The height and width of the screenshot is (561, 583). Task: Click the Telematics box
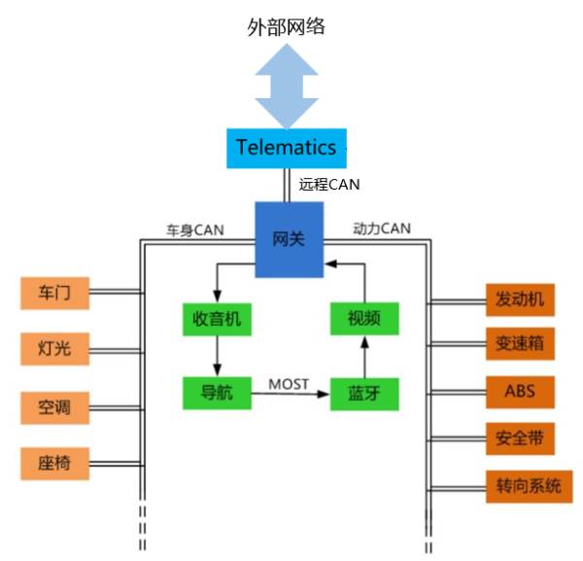(286, 148)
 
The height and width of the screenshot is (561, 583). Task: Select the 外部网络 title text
(286, 25)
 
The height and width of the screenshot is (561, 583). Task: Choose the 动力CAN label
(381, 229)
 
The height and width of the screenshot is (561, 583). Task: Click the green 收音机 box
(217, 319)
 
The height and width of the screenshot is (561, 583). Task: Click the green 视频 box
(363, 319)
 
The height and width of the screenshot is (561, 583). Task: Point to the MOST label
(289, 384)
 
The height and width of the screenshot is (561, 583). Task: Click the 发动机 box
(520, 300)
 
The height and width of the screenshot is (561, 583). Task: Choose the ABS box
(520, 393)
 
